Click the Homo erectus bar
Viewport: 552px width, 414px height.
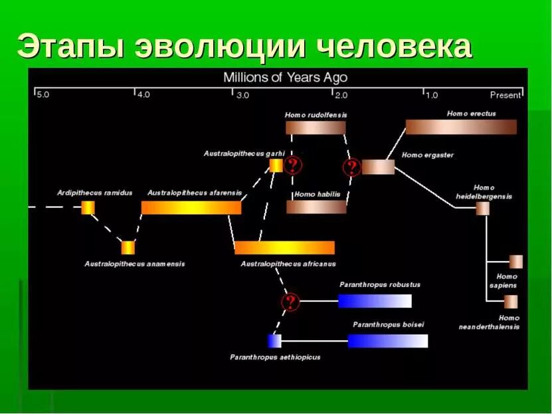tap(460, 127)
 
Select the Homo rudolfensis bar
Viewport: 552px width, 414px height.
tap(316, 128)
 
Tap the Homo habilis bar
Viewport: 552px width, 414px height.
tap(316, 207)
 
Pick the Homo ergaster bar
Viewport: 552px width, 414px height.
tap(378, 167)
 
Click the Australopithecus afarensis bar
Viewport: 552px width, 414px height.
tap(191, 207)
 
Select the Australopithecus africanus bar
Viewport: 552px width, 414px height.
tap(284, 248)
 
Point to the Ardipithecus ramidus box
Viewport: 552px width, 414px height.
tap(88, 207)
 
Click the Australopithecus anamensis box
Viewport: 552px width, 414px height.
tap(128, 248)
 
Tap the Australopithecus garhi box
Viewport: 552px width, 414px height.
tap(276, 165)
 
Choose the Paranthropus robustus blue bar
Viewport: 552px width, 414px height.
tap(375, 301)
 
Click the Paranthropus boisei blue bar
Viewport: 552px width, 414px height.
tap(388, 341)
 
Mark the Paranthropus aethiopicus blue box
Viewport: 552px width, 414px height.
tap(274, 341)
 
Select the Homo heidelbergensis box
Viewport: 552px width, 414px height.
tap(482, 209)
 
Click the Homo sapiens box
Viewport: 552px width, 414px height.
tap(515, 262)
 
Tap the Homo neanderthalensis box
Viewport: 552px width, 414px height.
tap(510, 302)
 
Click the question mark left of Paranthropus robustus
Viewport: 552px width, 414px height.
tap(290, 302)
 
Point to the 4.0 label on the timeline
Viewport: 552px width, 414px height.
tap(143, 95)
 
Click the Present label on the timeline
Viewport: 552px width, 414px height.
tap(505, 95)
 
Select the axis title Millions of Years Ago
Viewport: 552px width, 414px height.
tap(285, 78)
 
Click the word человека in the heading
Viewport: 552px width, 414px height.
tap(394, 47)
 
